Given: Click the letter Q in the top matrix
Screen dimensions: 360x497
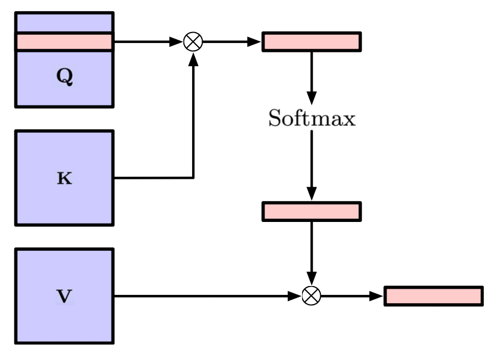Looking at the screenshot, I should [65, 78].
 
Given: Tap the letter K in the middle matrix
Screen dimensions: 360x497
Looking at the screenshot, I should [65, 179].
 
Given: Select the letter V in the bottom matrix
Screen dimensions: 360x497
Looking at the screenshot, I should [65, 297].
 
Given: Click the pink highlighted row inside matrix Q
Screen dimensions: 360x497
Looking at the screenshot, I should [64, 41].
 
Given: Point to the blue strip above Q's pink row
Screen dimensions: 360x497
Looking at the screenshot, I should [64, 23].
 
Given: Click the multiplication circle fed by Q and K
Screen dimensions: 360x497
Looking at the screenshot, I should [193, 41].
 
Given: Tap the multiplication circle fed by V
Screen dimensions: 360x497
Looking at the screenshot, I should [311, 296].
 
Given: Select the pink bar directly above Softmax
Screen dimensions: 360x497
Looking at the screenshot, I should [311, 42].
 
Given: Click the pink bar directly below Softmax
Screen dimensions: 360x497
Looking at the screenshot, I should [311, 211].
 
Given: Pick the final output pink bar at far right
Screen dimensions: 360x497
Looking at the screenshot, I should [433, 296].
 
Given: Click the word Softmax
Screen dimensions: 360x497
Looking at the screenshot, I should [311, 119].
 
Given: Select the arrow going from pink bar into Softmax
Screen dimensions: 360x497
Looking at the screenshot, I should [311, 77].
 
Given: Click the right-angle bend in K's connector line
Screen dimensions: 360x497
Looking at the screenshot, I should [193, 178].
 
